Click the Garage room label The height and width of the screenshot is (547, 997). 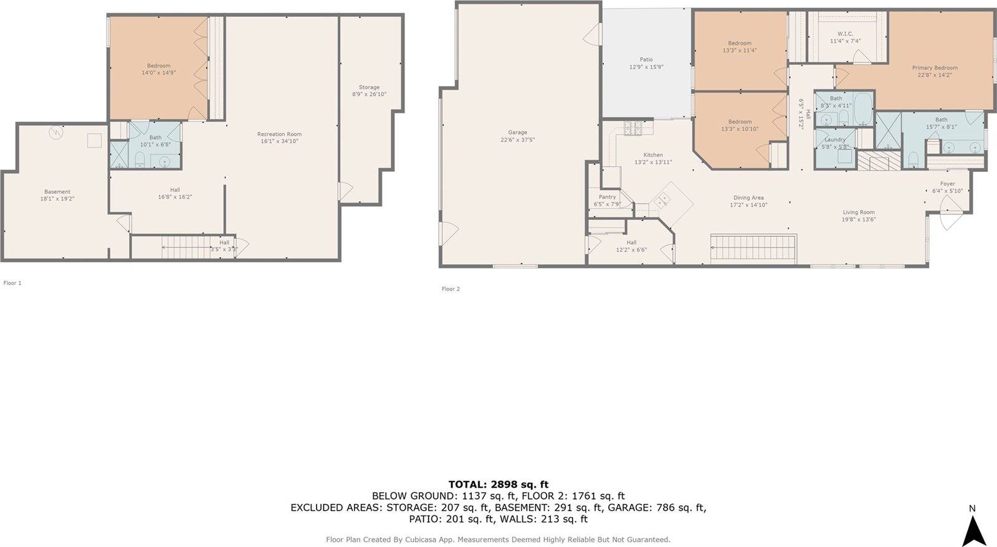517,132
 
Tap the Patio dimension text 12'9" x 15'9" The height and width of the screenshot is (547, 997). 646,67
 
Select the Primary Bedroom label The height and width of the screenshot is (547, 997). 934,68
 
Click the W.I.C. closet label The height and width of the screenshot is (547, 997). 845,34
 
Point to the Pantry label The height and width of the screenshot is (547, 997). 607,197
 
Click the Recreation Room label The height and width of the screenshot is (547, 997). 280,134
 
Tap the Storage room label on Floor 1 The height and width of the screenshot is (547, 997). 369,87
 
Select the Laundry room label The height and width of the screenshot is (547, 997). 835,140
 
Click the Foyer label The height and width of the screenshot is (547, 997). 947,184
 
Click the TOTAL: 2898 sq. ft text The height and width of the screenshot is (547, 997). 499,484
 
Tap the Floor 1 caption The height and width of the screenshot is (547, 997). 12,283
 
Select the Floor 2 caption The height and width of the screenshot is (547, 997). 451,289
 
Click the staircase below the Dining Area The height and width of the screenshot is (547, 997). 754,248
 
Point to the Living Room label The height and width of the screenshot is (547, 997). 859,212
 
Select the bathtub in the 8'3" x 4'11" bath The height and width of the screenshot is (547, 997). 863,108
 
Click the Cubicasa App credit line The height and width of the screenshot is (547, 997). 498,540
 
